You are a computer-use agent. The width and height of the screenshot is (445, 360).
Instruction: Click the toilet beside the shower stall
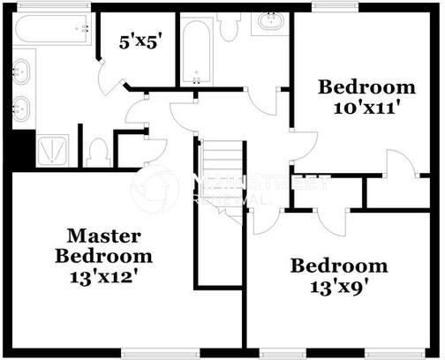(98, 152)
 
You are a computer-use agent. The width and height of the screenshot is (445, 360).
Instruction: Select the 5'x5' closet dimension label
(140, 41)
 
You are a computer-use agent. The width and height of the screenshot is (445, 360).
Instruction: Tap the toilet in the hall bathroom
(230, 26)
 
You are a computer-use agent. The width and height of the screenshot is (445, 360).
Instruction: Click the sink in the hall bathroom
(270, 22)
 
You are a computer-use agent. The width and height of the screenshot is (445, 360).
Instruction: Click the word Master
(103, 236)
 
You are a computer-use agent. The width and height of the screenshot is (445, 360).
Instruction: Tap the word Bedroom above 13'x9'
(340, 265)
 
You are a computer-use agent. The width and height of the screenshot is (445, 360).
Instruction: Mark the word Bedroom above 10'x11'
(366, 86)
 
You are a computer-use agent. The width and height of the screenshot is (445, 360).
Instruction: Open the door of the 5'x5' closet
(110, 81)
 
